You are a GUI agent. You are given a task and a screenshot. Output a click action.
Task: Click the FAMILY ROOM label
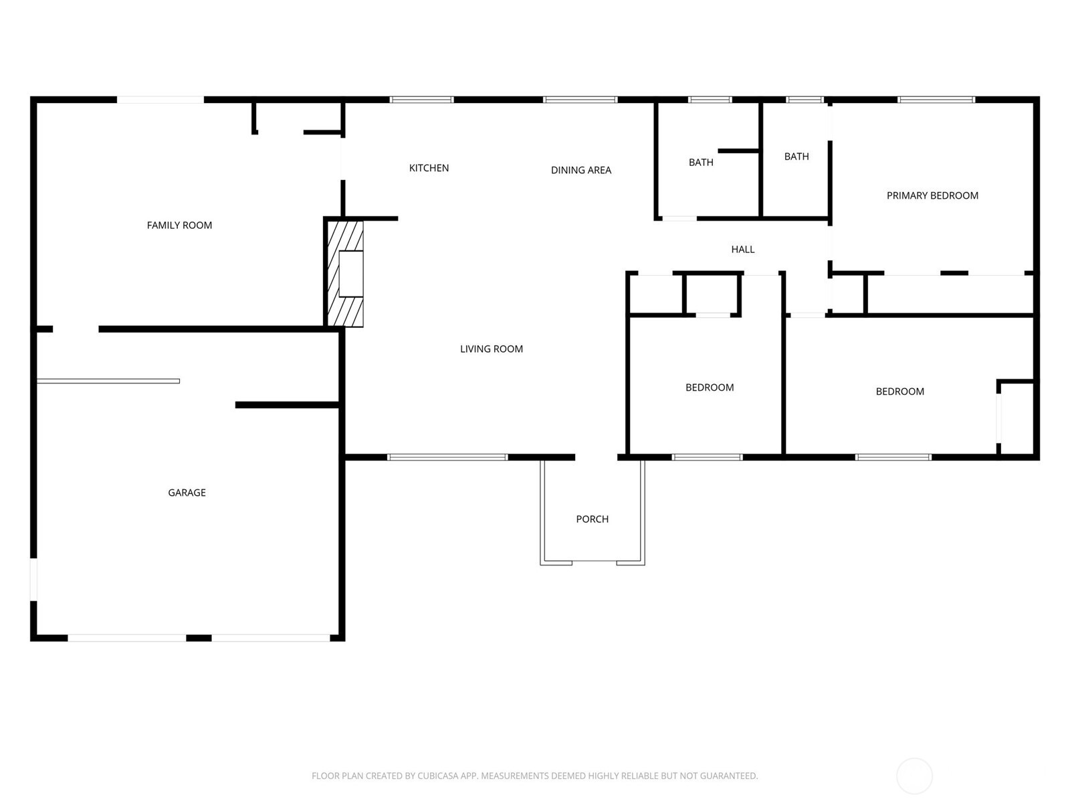(x=179, y=226)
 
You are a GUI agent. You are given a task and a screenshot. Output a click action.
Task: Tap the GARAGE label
(x=187, y=493)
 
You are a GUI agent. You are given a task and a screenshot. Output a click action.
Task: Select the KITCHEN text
(x=429, y=168)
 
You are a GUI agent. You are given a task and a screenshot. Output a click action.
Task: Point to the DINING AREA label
(x=581, y=170)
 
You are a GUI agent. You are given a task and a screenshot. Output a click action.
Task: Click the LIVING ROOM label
(x=492, y=349)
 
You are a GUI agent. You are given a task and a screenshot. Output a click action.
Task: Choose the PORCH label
(x=593, y=519)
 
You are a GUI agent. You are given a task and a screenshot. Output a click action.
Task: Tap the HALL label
(x=743, y=249)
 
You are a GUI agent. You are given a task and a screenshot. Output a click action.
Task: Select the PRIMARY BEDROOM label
(x=932, y=195)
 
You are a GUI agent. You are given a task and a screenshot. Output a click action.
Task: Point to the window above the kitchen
(x=422, y=100)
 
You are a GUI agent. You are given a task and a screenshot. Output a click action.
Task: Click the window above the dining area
(x=580, y=100)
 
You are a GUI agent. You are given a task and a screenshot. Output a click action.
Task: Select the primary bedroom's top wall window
(x=936, y=100)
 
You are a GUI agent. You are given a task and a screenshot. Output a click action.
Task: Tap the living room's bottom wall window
(x=447, y=457)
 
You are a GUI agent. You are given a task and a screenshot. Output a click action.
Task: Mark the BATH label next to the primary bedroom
(x=796, y=157)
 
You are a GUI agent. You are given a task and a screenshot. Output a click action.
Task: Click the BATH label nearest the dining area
(x=701, y=163)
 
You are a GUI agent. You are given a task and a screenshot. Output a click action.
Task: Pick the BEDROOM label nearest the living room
(x=710, y=387)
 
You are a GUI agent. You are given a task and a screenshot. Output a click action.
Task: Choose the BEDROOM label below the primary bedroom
(x=900, y=391)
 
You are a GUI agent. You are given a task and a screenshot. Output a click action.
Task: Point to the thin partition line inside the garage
(x=108, y=381)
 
